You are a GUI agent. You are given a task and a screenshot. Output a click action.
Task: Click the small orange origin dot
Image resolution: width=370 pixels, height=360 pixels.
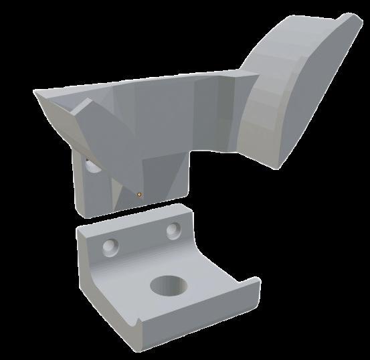pos(139,195)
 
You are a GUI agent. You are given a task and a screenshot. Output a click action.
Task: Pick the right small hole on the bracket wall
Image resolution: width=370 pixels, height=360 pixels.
pos(174,231)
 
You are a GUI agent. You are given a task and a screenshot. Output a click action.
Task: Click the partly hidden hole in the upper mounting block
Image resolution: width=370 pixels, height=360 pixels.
pos(90,165)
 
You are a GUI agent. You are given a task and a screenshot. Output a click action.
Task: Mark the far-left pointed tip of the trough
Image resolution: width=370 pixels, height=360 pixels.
pos(35,92)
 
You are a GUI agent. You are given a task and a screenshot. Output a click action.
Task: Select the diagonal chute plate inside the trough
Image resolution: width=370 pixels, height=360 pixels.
pos(100,134)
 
